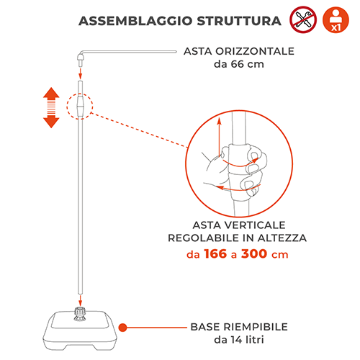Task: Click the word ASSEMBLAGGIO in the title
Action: (x=135, y=21)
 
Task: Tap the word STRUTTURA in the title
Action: (x=239, y=21)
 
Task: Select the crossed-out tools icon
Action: (x=303, y=19)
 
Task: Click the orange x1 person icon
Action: (x=336, y=19)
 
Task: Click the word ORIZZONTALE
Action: (x=255, y=51)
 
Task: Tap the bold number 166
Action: (x=215, y=254)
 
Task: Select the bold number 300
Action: (x=254, y=254)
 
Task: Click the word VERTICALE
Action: (x=255, y=225)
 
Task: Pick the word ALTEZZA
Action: (x=282, y=238)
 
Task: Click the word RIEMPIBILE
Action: (x=256, y=327)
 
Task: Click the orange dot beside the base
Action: (x=123, y=328)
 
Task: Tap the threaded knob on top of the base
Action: (x=80, y=313)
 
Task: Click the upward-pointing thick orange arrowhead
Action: (x=51, y=93)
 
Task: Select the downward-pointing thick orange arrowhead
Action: (x=51, y=122)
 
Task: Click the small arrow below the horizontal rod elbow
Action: (x=81, y=73)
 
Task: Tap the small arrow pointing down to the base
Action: (x=81, y=301)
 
